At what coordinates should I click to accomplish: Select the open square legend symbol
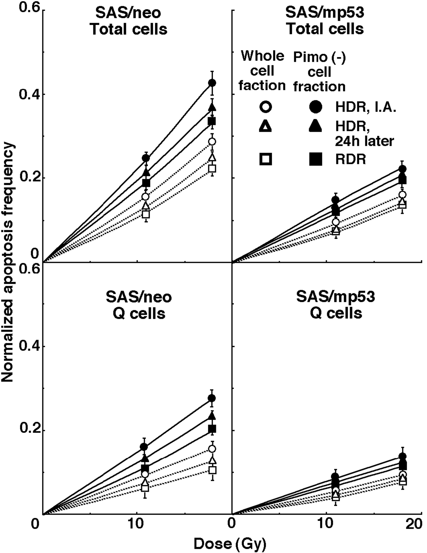click(265, 159)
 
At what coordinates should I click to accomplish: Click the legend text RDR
click(350, 159)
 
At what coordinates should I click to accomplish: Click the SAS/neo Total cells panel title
click(129, 21)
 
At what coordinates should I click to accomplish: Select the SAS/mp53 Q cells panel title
click(335, 305)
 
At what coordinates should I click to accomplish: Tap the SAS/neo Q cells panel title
click(139, 305)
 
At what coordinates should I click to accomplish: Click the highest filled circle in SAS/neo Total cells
click(212, 83)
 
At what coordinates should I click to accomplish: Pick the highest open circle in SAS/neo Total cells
click(212, 141)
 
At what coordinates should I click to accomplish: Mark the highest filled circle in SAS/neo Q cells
click(212, 398)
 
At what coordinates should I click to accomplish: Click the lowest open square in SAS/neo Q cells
click(145, 488)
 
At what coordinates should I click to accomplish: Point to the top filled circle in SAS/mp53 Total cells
click(402, 169)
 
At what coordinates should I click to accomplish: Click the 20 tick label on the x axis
click(416, 524)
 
